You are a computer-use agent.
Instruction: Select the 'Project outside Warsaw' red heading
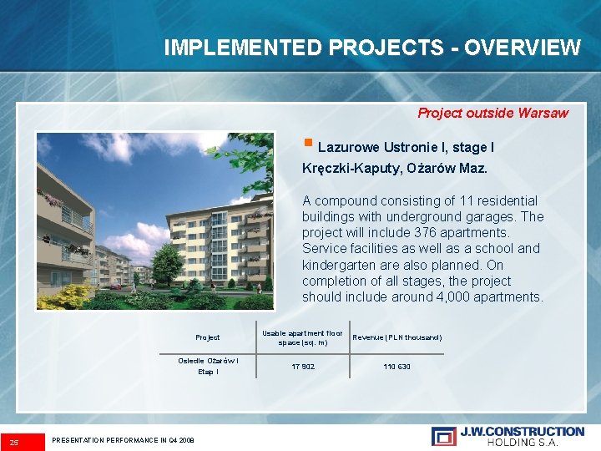492,113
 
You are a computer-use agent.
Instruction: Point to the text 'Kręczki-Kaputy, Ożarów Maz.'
395,169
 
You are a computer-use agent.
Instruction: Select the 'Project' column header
208,337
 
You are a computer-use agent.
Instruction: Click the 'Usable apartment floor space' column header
302,337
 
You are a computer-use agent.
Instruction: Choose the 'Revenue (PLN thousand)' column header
397,337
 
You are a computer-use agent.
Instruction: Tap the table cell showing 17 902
302,367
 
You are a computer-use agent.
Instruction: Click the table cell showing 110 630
396,367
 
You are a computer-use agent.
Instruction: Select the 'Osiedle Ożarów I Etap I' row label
208,367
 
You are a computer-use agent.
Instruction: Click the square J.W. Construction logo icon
444,436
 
